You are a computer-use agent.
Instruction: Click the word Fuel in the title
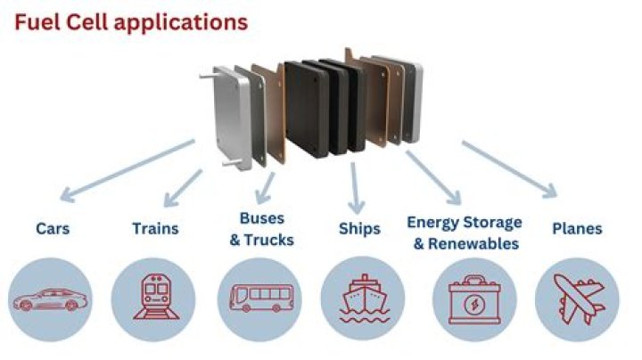pos(35,20)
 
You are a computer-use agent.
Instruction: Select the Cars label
pos(53,228)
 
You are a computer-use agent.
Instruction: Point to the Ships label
pos(358,228)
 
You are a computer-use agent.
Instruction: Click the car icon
pos(52,299)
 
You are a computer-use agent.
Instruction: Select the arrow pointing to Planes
pos(508,168)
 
